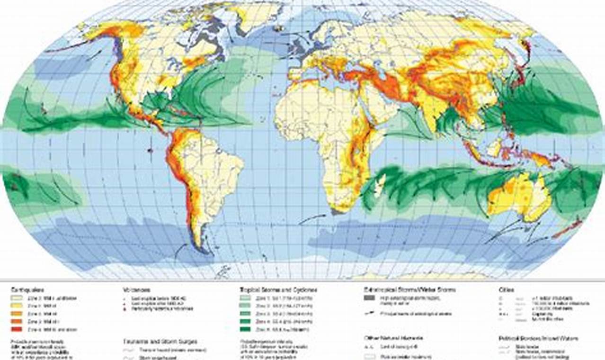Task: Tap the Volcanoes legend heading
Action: [x=137, y=289]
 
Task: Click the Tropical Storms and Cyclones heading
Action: [x=278, y=289]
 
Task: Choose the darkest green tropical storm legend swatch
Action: [x=248, y=329]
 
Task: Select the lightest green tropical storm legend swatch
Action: [x=248, y=298]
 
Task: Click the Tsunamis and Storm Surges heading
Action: [x=160, y=341]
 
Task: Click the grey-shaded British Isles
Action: [x=299, y=46]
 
